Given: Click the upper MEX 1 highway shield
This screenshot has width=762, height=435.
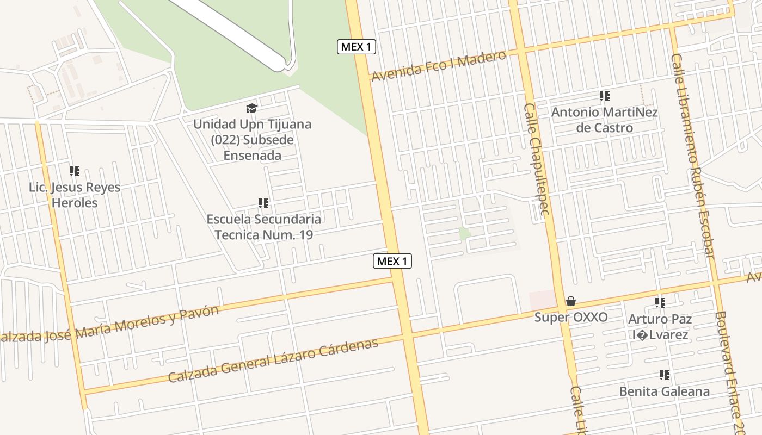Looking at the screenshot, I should click(357, 47).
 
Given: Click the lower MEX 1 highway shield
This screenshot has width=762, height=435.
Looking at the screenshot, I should click(392, 261).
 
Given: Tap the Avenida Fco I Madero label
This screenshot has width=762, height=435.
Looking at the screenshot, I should click(438, 66).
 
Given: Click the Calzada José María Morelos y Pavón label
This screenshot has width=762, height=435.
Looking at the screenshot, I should click(109, 325).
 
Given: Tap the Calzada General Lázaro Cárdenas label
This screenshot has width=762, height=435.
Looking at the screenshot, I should click(273, 361).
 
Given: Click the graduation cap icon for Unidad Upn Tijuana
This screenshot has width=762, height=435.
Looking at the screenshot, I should click(251, 109).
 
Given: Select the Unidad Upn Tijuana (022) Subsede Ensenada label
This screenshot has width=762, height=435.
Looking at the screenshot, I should click(253, 140).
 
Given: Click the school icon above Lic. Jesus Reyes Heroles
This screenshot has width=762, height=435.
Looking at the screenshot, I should click(75, 171).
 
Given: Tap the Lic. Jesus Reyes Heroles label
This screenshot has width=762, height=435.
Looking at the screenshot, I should click(75, 195).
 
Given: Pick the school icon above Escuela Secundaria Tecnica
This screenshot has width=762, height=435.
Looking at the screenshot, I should click(263, 203).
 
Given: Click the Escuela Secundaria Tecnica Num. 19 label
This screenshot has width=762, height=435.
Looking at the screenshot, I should click(263, 227).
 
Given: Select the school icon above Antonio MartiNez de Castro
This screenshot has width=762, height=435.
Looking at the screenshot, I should click(604, 96).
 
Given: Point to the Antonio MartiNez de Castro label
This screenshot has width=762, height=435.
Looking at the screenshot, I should click(604, 120).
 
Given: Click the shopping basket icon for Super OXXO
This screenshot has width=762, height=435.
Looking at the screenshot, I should click(570, 301).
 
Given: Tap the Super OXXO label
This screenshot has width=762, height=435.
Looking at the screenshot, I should click(570, 317).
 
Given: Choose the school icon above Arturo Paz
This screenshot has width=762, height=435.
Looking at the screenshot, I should click(660, 303).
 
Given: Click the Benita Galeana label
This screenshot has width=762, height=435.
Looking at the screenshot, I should click(664, 391).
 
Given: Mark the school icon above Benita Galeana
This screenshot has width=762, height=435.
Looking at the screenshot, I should click(664, 375).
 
